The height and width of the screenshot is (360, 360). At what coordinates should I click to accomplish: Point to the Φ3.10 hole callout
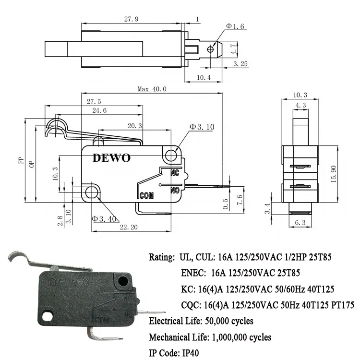tap(202, 127)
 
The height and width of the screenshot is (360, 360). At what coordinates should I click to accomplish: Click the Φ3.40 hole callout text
tap(104, 219)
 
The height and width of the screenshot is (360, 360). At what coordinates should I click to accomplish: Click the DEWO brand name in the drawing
tap(111, 158)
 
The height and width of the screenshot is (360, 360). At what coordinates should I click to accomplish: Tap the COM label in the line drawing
tap(146, 195)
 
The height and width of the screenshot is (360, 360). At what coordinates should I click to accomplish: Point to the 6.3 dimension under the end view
tap(300, 223)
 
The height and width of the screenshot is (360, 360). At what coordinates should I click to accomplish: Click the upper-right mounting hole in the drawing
tap(171, 155)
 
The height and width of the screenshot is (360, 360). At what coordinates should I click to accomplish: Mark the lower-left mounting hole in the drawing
tap(92, 193)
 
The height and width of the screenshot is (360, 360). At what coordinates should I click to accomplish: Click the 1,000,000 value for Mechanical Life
tap(234, 337)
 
